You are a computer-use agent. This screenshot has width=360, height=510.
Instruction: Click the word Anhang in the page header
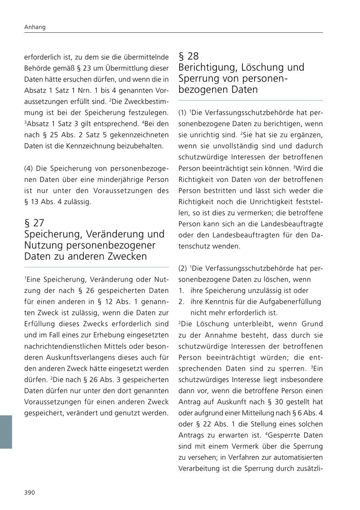(35, 27)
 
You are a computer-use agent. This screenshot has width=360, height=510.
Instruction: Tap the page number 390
(30, 492)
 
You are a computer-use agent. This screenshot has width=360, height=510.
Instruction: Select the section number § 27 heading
(34, 223)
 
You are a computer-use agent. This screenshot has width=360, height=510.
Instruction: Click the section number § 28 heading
(188, 56)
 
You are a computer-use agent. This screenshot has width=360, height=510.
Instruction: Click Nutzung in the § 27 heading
(42, 245)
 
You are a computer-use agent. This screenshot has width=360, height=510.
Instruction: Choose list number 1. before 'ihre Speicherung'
(182, 291)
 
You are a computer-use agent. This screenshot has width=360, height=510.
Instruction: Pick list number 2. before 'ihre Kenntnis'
(182, 302)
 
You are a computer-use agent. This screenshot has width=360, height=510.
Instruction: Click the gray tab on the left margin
(6, 432)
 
